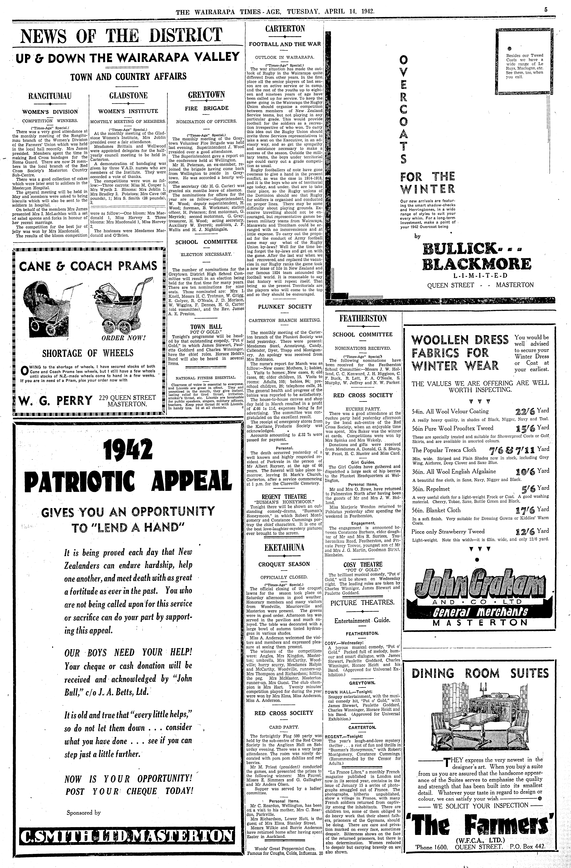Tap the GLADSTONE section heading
[128, 96]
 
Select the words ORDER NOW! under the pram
[124, 338]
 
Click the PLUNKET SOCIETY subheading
[285, 306]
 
